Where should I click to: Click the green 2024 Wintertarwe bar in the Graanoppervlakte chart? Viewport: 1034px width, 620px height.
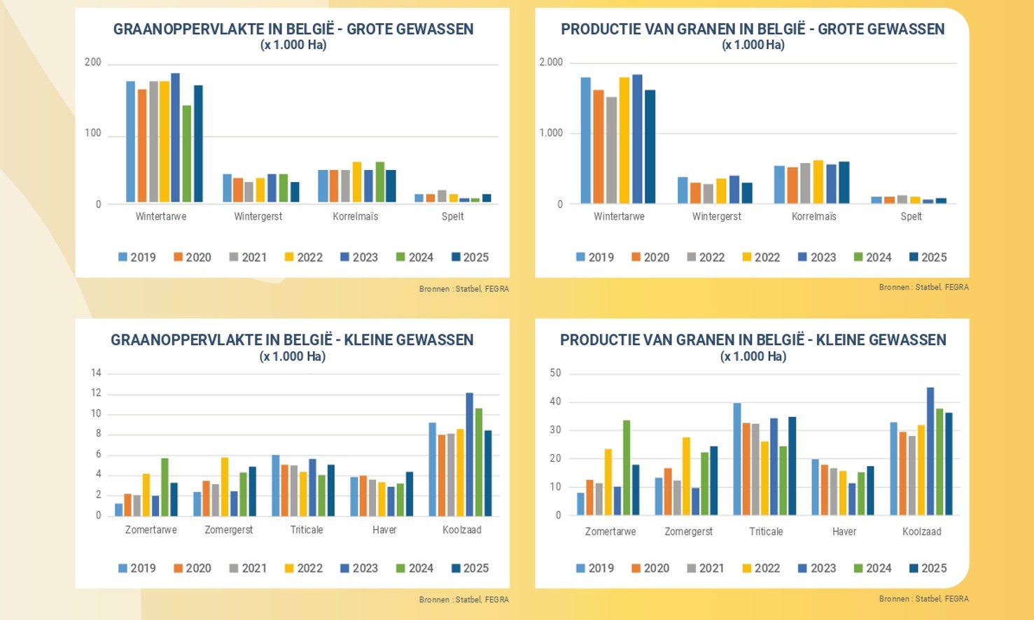pyautogui.click(x=187, y=154)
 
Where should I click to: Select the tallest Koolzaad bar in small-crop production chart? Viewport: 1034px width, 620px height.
pyautogui.click(x=930, y=451)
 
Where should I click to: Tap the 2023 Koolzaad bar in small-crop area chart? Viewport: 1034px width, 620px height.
pyautogui.click(x=470, y=455)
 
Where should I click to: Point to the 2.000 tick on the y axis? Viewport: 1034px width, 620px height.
pyautogui.click(x=551, y=62)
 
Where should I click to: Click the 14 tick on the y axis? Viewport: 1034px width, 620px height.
pyautogui.click(x=96, y=373)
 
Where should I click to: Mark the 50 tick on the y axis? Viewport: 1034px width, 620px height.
pyautogui.click(x=555, y=373)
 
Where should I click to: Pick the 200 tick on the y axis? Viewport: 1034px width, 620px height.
pyautogui.click(x=93, y=62)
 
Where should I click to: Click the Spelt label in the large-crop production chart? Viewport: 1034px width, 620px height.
pyautogui.click(x=911, y=216)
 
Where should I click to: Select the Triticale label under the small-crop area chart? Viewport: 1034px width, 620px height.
pyautogui.click(x=307, y=530)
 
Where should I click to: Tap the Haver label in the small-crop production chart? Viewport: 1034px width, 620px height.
pyautogui.click(x=844, y=531)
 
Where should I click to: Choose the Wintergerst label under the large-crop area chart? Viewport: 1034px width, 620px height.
pyautogui.click(x=258, y=216)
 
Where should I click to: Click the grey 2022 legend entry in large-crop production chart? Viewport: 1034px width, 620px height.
pyautogui.click(x=705, y=258)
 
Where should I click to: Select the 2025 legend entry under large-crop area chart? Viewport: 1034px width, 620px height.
pyautogui.click(x=470, y=258)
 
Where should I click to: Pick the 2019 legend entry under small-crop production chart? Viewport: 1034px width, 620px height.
pyautogui.click(x=594, y=568)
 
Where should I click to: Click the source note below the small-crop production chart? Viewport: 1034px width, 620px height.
pyautogui.click(x=923, y=599)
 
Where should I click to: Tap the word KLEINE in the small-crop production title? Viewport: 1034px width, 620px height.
pyautogui.click(x=845, y=340)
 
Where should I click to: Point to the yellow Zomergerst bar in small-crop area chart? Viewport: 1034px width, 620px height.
pyautogui.click(x=225, y=487)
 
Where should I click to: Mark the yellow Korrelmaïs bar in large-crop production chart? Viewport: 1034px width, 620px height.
pyautogui.click(x=818, y=182)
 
